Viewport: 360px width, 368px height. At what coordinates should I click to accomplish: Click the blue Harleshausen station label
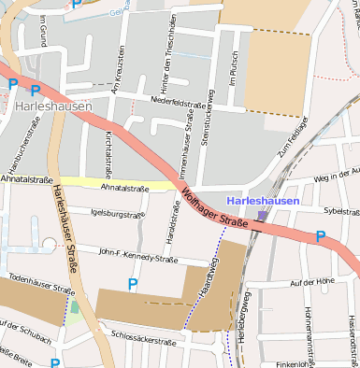click(263, 201)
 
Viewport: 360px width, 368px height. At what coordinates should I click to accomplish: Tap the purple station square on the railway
click(262, 216)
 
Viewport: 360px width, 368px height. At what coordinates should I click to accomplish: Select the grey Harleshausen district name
click(53, 106)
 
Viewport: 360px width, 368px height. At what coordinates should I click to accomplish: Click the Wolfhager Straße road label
click(214, 209)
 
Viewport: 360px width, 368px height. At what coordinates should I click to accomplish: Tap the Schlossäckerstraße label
click(143, 337)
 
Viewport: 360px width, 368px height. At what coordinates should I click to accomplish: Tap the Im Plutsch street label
click(234, 90)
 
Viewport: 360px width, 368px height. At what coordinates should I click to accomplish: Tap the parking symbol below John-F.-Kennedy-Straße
click(133, 283)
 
